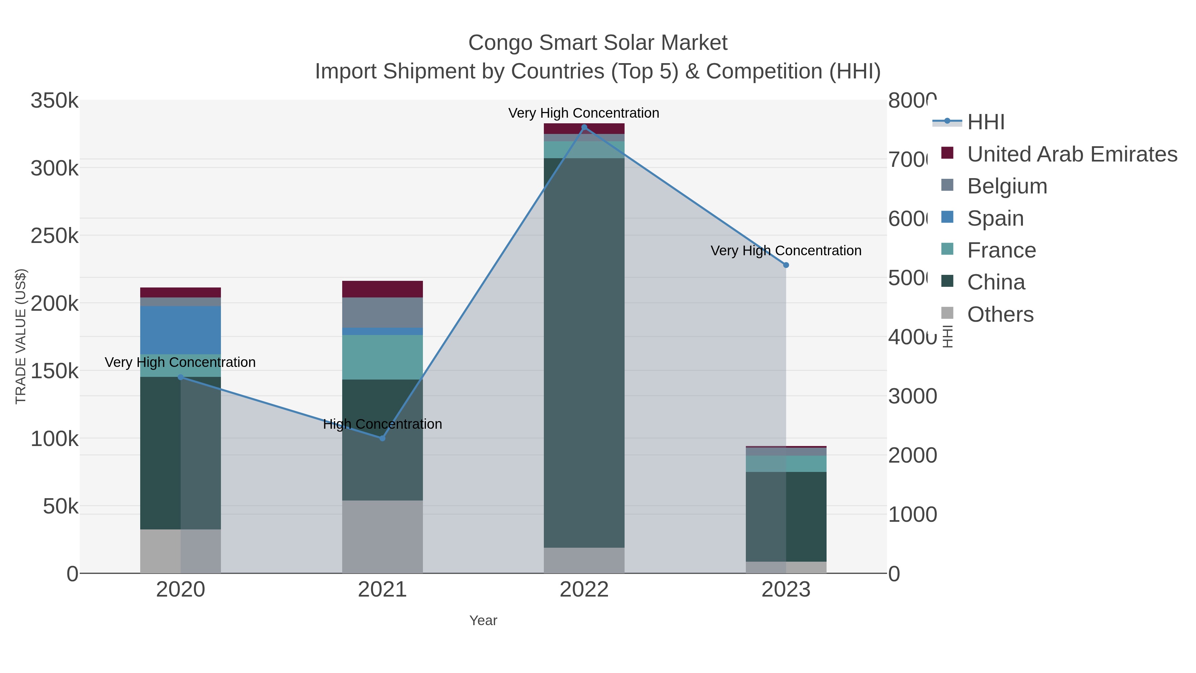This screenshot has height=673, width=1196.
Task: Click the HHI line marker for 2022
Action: pos(584,127)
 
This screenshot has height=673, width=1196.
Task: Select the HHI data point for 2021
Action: pos(382,438)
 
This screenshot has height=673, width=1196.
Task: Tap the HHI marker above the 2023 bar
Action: pos(786,265)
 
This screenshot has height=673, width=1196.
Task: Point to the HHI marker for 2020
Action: pos(181,377)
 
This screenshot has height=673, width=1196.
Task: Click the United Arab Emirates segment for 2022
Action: pos(584,129)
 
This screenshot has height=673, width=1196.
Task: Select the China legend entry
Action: pos(996,282)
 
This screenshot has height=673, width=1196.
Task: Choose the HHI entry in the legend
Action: pos(986,122)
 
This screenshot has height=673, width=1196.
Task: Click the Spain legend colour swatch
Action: pos(947,217)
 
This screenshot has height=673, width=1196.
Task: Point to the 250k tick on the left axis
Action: pos(54,236)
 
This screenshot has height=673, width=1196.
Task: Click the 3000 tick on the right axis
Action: pos(912,396)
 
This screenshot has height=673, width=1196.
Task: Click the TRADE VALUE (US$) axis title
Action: pos(21,336)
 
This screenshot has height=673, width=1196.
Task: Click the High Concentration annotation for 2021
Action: pos(382,424)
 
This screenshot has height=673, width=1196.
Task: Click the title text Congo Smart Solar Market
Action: pos(598,43)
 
